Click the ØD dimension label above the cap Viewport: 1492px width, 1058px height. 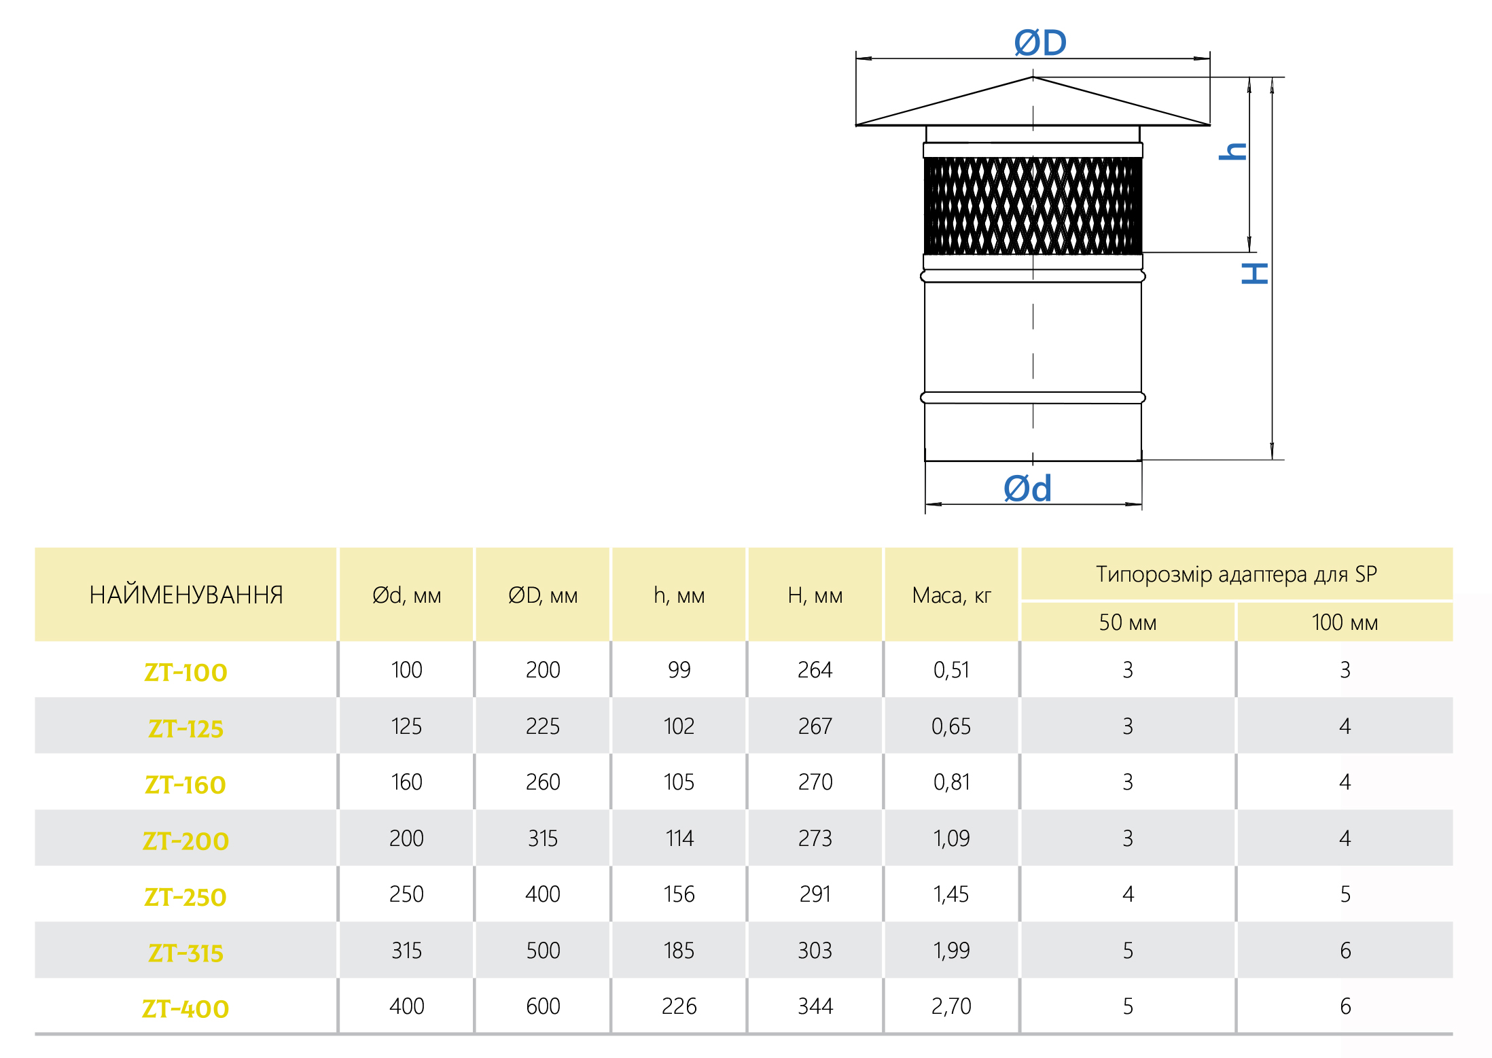[x=1040, y=43]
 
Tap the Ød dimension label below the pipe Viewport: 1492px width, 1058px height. [x=1028, y=489]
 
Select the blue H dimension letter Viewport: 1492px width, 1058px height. [x=1254, y=273]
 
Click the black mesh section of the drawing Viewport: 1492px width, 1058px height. [x=1033, y=206]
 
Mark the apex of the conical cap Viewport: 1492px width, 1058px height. [x=1033, y=77]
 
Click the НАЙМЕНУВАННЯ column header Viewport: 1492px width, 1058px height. [x=186, y=595]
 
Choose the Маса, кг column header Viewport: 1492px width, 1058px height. [x=951, y=596]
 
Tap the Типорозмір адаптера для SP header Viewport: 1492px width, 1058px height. [x=1237, y=574]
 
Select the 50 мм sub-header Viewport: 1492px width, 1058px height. [x=1128, y=622]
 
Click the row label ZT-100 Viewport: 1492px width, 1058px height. [x=185, y=672]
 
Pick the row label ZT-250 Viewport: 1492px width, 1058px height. [x=185, y=897]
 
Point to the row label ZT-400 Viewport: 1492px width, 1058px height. [x=185, y=1009]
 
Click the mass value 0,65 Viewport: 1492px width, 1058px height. [x=951, y=726]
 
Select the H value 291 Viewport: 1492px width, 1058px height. [x=815, y=894]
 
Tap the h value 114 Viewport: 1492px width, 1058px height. [x=679, y=839]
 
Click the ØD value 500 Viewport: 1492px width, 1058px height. [x=544, y=951]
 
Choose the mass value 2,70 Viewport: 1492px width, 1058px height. [x=951, y=1006]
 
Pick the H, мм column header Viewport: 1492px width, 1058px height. [x=815, y=596]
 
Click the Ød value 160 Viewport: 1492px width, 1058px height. [x=407, y=782]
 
